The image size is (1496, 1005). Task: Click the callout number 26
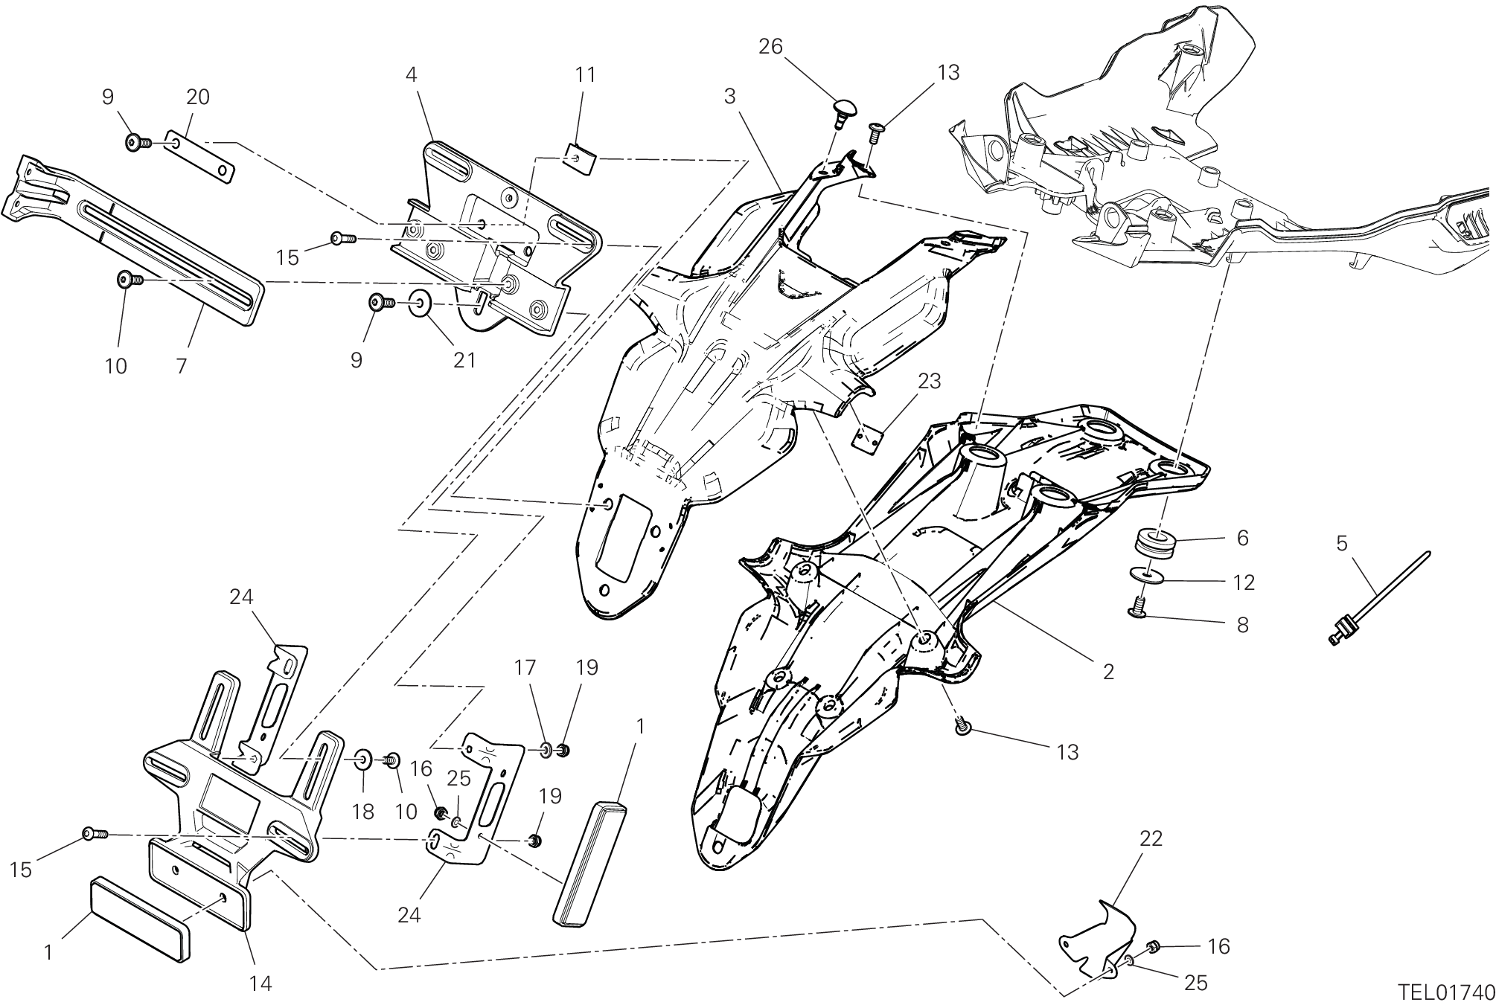(770, 47)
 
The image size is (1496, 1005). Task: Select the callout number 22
(1150, 838)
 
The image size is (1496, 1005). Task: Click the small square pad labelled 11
(580, 158)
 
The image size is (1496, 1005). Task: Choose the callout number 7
(181, 366)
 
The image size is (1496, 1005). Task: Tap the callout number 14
(260, 983)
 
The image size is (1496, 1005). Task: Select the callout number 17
(525, 667)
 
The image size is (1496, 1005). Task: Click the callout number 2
(1108, 672)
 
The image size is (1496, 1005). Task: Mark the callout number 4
(411, 74)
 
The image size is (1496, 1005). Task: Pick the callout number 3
(729, 96)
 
